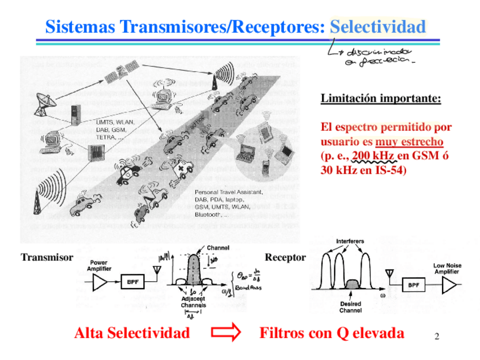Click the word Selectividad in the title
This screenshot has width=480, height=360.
(378, 27)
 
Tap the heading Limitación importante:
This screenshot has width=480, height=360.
(380, 98)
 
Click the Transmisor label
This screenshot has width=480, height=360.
(47, 258)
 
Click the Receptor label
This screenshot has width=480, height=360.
(285, 258)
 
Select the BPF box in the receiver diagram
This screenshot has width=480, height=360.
(413, 286)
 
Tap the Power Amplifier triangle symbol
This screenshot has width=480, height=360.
(100, 281)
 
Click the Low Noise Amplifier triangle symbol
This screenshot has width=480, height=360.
(448, 286)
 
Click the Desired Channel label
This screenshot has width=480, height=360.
(350, 307)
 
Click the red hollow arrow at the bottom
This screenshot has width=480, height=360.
(225, 333)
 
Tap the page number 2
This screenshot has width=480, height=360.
(436, 337)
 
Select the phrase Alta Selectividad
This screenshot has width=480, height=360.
(132, 333)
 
